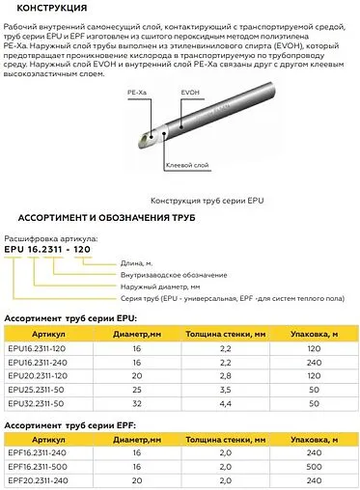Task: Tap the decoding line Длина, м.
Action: [x=136, y=262]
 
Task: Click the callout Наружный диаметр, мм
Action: [x=159, y=287]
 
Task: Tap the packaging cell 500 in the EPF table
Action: [x=312, y=466]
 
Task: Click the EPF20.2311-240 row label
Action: [x=40, y=479]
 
